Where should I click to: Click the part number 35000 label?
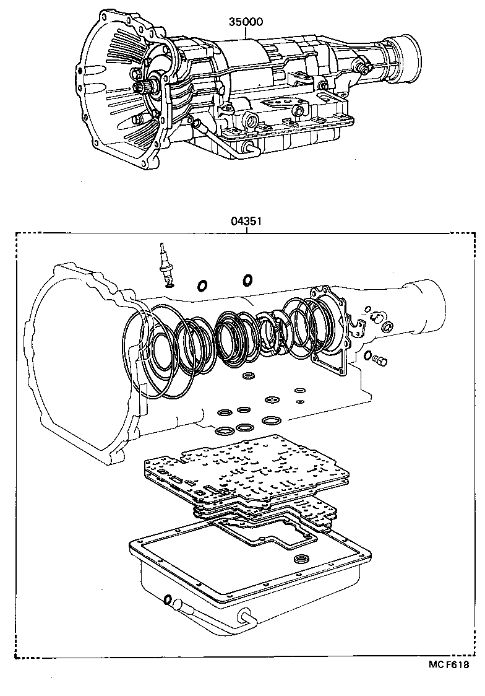(x=246, y=22)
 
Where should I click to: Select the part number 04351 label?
(x=246, y=220)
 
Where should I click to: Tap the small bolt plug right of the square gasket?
(x=379, y=359)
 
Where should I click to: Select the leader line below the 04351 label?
(x=246, y=229)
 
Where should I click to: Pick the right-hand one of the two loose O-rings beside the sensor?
(x=247, y=281)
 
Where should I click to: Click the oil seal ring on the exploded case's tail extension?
(x=387, y=326)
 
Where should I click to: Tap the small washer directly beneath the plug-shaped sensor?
(x=168, y=284)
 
